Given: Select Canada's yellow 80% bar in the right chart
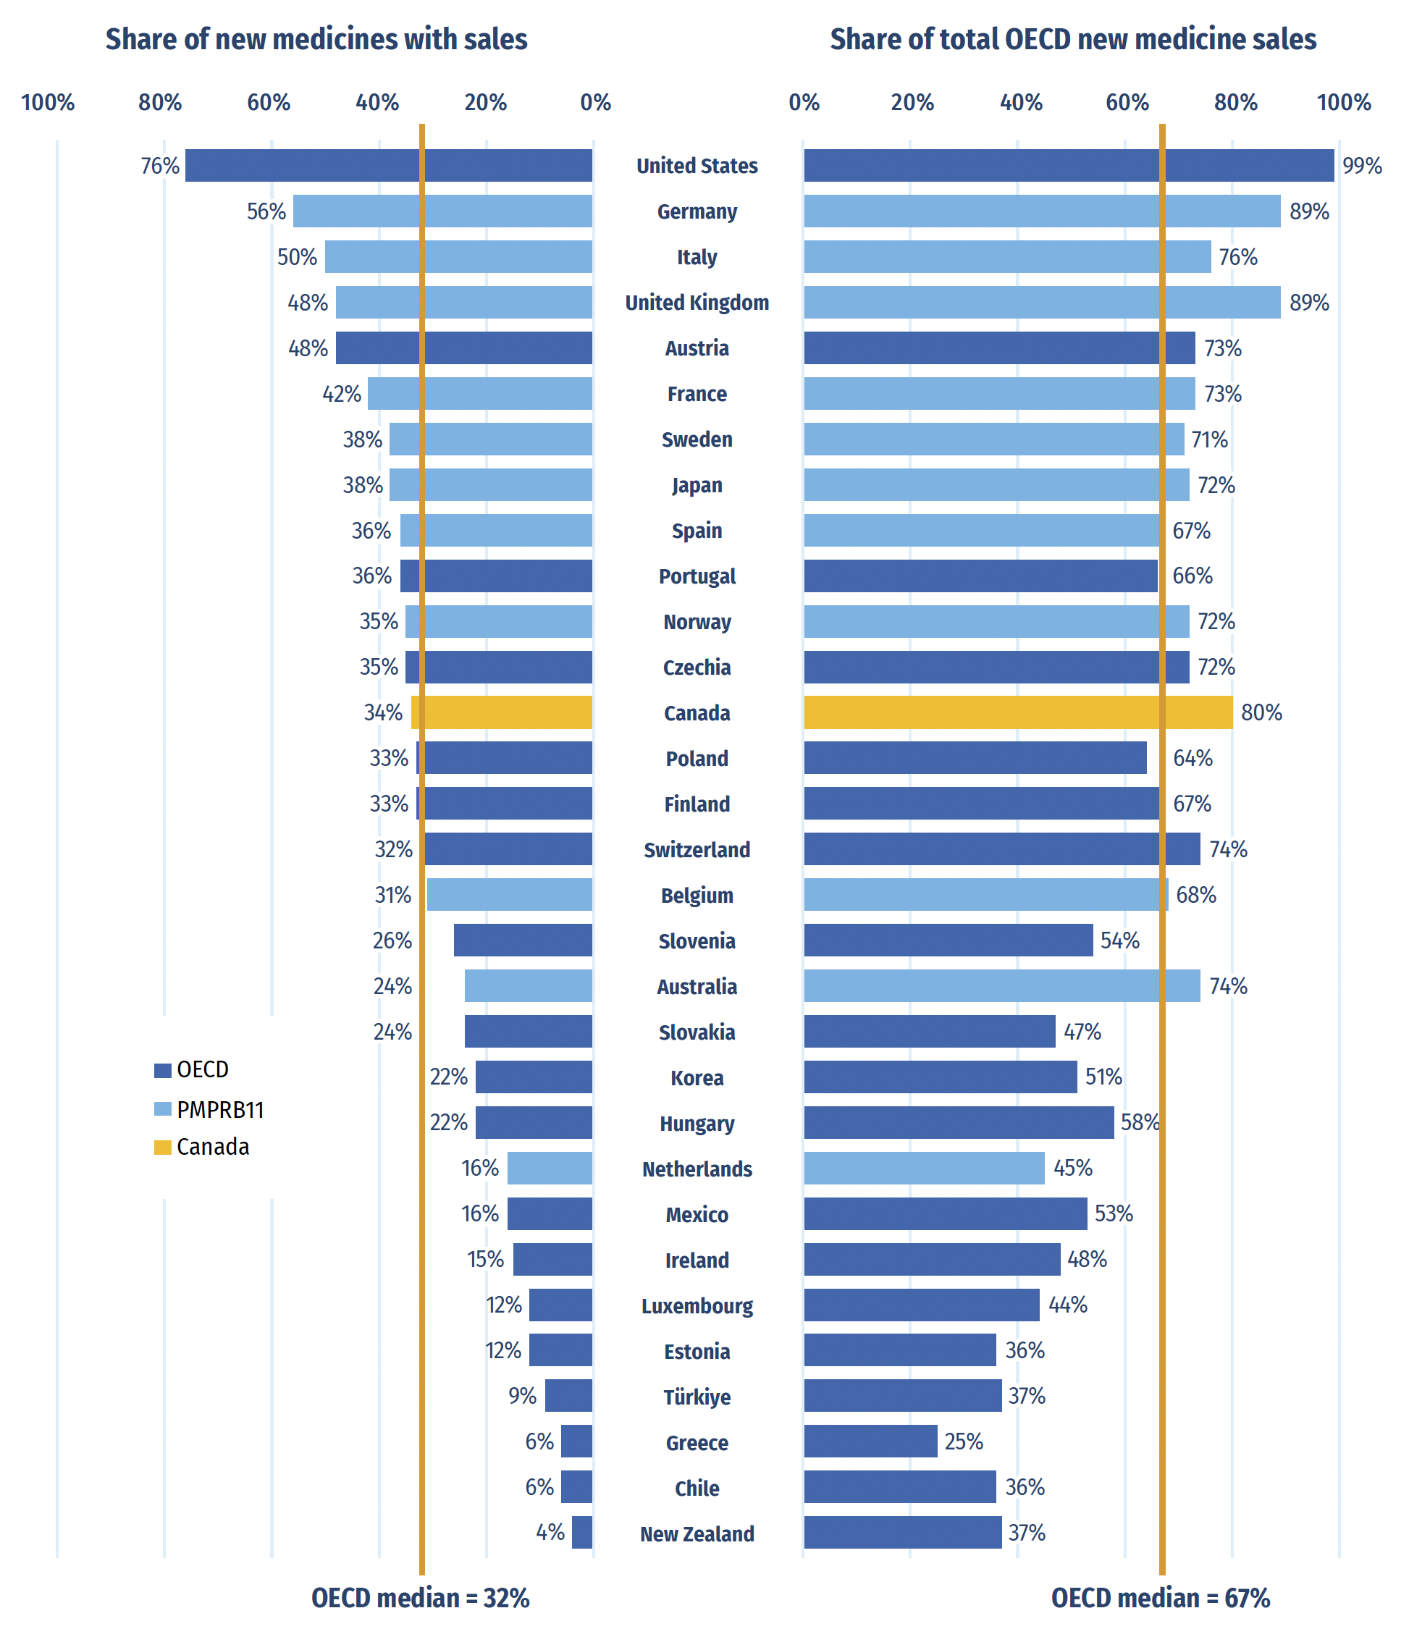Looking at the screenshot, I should (1017, 712).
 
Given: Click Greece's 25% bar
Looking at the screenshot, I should (870, 1441).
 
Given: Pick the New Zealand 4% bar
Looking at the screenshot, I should (582, 1532).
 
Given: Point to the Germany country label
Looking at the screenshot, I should (697, 211).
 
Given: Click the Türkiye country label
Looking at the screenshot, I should (697, 1397).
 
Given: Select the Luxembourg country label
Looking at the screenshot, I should (697, 1306).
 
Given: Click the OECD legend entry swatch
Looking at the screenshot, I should (163, 1070).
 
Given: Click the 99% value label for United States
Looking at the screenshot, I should (1362, 166).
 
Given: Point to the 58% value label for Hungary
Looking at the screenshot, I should (1140, 1122).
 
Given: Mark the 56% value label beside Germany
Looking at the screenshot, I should (266, 211).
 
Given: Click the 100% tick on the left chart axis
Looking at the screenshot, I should (48, 102).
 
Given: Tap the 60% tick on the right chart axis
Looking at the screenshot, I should (1127, 102).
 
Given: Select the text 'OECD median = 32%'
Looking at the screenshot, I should (421, 1598).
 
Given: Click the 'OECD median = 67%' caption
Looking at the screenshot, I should (1161, 1598).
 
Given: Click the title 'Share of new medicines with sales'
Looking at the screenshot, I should (316, 39).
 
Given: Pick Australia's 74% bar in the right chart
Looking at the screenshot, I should (1001, 986).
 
